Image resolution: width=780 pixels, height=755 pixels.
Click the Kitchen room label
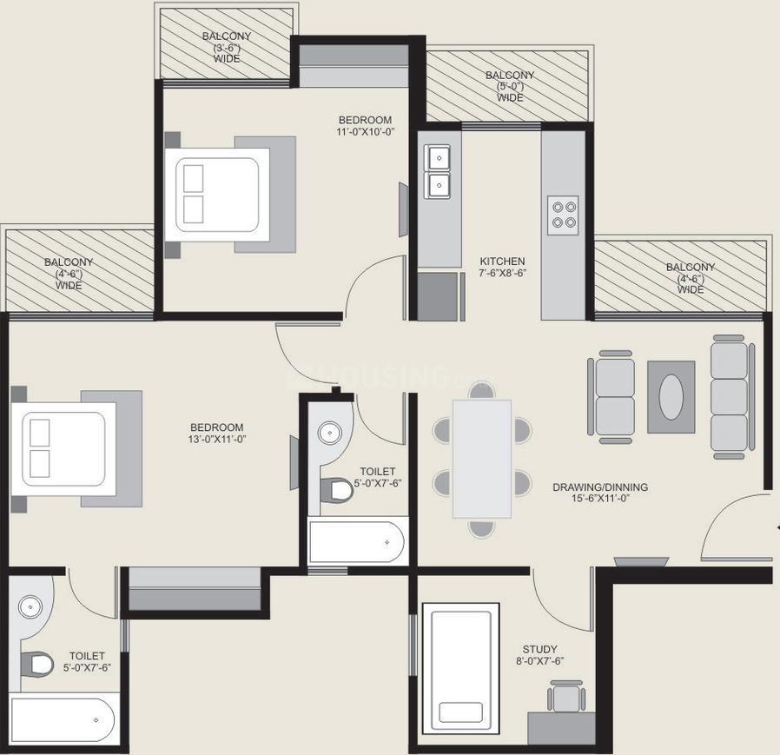point(503,261)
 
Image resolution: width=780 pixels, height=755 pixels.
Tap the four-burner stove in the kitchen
point(563,214)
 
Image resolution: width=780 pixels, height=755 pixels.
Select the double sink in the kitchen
point(438,171)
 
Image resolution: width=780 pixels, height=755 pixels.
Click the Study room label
point(539,649)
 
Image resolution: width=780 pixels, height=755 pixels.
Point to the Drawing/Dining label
point(600,487)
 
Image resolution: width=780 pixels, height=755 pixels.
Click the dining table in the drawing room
point(482,459)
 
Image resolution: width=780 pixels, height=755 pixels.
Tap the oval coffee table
point(671,397)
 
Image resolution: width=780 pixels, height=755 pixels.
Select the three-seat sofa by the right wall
point(729,394)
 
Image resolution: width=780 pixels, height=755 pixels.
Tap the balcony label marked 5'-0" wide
point(510,87)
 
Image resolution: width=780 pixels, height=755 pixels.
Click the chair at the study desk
point(565,697)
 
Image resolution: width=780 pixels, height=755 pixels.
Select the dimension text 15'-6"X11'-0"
point(599,500)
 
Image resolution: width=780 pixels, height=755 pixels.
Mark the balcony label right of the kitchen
point(691,278)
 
